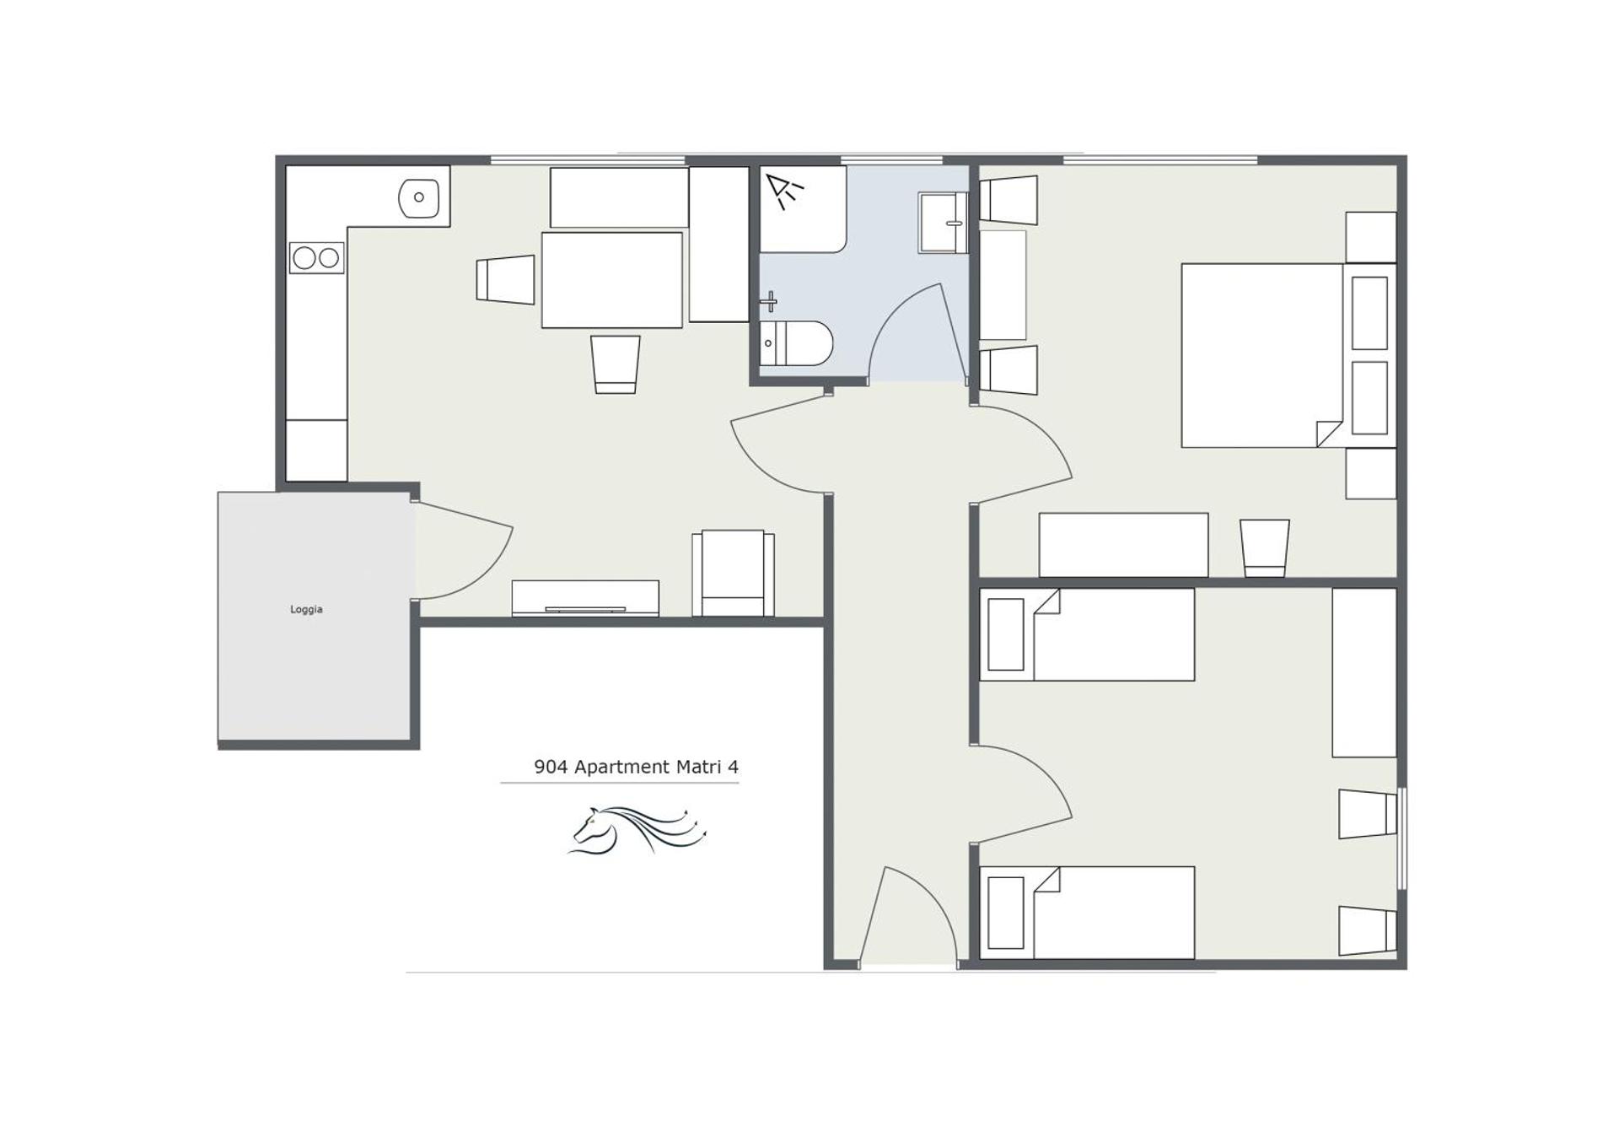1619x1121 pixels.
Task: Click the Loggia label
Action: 306,609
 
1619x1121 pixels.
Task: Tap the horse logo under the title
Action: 637,831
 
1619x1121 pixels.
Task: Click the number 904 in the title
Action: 551,767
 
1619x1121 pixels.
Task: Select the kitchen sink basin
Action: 418,198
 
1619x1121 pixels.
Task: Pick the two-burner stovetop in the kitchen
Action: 317,257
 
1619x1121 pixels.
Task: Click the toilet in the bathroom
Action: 797,343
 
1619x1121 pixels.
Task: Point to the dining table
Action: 611,280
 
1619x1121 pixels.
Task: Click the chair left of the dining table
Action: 505,279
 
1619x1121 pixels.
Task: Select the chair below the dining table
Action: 615,364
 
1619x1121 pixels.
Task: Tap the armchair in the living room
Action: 733,573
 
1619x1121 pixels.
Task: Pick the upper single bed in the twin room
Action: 1087,634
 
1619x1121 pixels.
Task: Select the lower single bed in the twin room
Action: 1087,913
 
